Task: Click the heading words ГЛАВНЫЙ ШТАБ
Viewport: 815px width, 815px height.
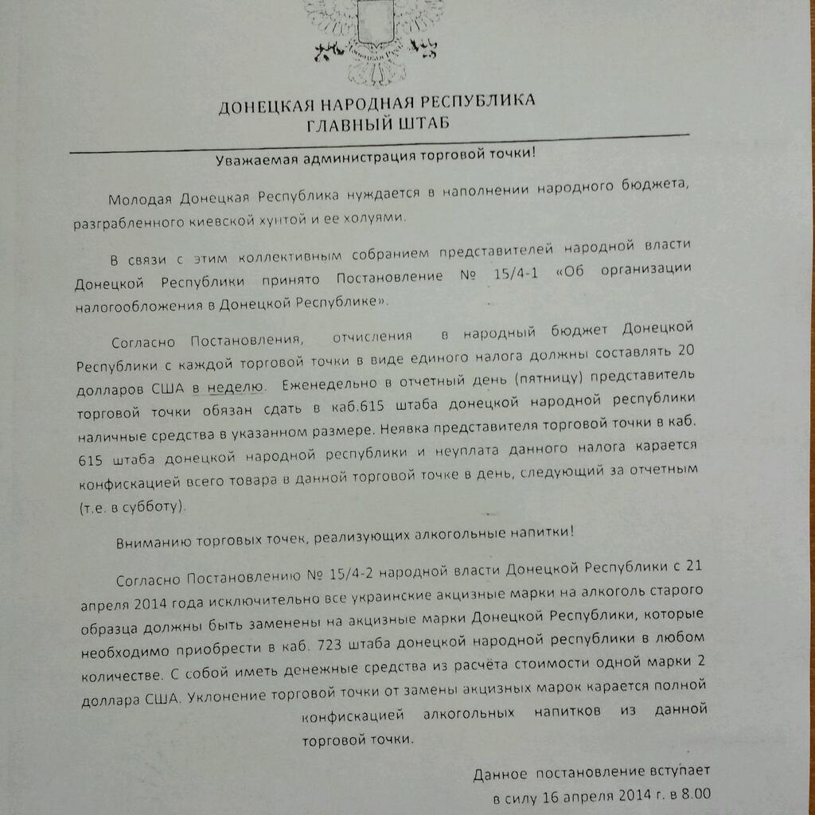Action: [x=377, y=123]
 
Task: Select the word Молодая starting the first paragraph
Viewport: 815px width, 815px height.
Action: [x=141, y=197]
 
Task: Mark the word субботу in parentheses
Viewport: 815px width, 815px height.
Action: [x=156, y=506]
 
